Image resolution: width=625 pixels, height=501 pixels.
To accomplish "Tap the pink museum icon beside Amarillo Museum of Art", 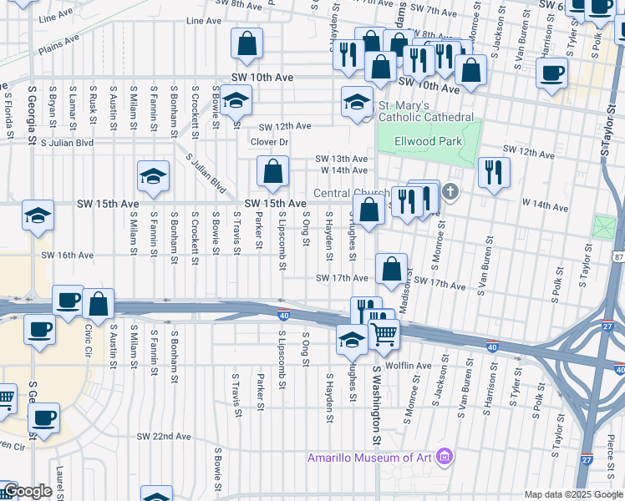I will click(x=445, y=457).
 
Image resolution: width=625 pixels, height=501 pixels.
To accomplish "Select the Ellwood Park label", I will click(x=429, y=142).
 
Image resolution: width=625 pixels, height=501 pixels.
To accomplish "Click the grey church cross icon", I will click(x=450, y=193).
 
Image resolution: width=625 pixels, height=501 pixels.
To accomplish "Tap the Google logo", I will click(x=27, y=492).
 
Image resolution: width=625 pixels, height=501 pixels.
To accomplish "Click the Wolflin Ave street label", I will click(x=407, y=365).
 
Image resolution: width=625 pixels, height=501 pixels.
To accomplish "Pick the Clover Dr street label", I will click(x=269, y=142).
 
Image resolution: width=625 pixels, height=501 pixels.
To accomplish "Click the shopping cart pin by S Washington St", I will click(x=384, y=332).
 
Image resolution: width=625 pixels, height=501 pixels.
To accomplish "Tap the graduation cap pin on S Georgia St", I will click(x=38, y=215).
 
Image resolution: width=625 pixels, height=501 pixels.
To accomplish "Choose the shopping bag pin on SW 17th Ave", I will click(x=391, y=268).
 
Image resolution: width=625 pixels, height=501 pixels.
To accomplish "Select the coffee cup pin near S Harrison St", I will click(x=551, y=73).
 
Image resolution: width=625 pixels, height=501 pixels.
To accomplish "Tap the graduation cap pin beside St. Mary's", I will click(x=357, y=102).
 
